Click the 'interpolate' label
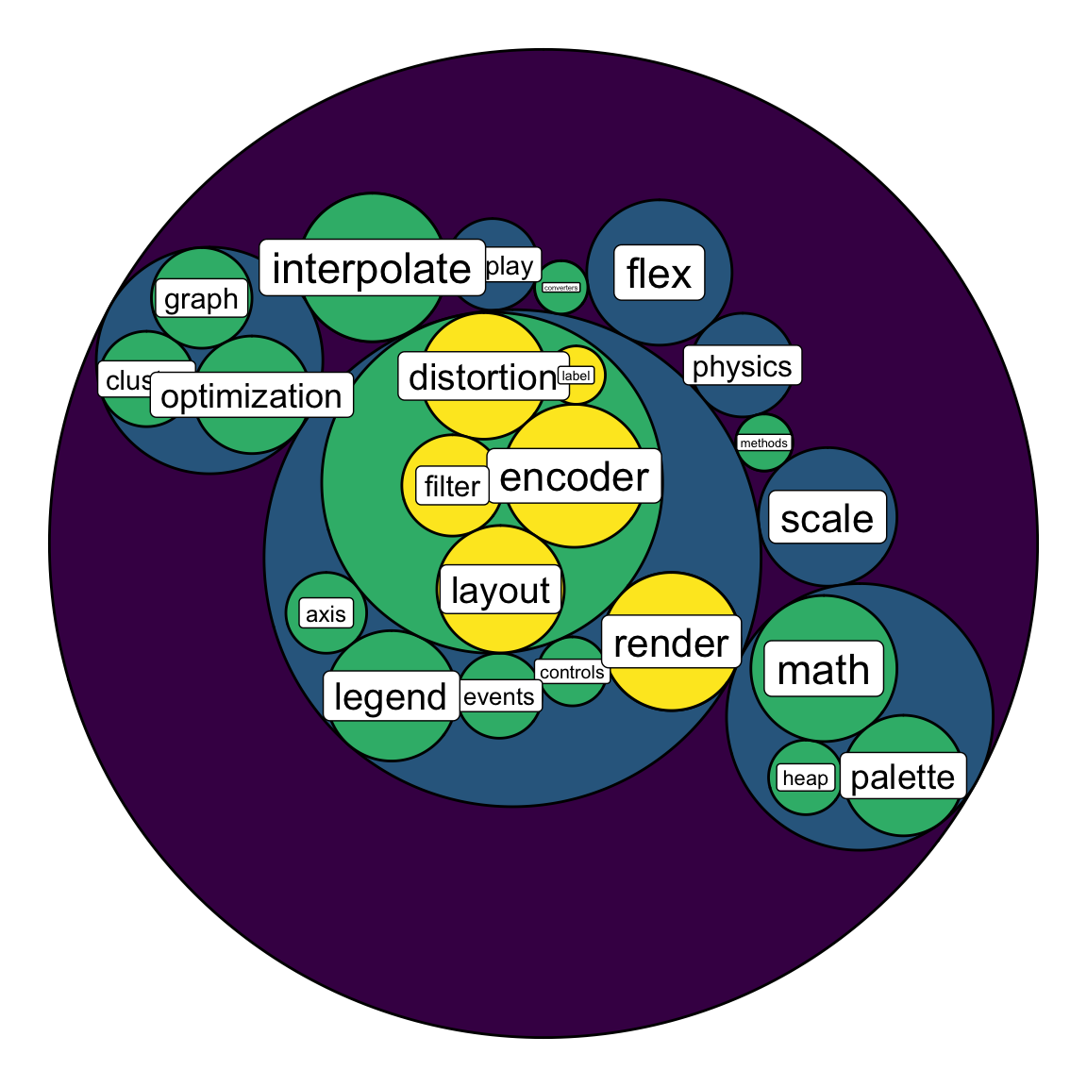pos(371,269)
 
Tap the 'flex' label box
pos(659,274)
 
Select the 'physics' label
pos(742,366)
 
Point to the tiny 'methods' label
pos(763,443)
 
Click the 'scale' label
pos(827,518)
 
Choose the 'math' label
pos(823,670)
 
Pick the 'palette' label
pos(902,777)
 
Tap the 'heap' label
pos(805,778)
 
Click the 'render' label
pos(671,644)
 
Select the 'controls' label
pos(572,672)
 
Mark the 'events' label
pos(499,697)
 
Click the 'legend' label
pos(390,697)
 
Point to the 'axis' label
pos(326,614)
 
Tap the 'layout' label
pos(500,591)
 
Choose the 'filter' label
pos(452,486)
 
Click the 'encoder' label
pos(574,477)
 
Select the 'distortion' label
pos(482,377)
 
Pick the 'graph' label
pos(201,299)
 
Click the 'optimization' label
pos(251,396)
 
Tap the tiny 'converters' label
pos(561,288)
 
